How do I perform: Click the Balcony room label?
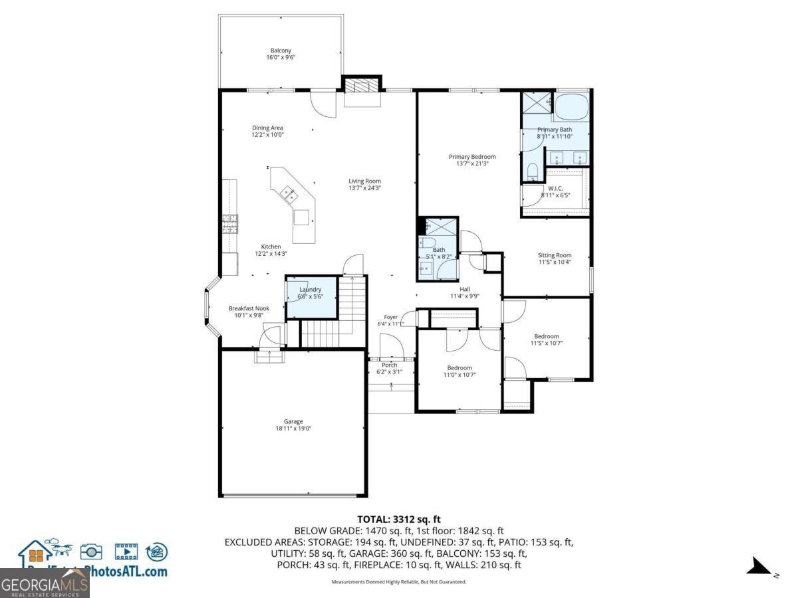click(281, 50)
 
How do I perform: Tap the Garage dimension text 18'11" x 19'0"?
click(293, 429)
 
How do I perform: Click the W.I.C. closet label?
click(555, 188)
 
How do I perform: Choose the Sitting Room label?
click(555, 255)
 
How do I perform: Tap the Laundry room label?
click(311, 290)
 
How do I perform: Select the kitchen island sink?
click(289, 194)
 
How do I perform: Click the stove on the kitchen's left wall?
click(229, 225)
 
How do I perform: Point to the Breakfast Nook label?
click(249, 308)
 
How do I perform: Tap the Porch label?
click(389, 365)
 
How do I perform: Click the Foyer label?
click(390, 317)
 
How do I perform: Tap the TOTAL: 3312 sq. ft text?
click(399, 520)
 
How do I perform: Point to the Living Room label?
click(364, 181)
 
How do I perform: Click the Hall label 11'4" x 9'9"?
click(464, 296)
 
